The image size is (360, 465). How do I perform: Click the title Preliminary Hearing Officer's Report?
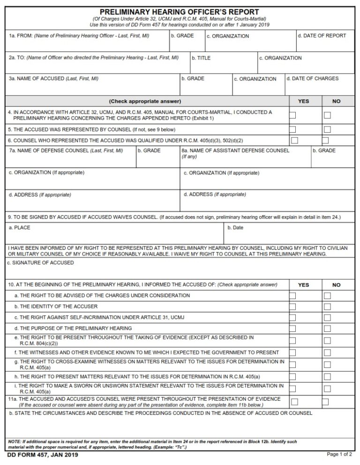coord(180,12)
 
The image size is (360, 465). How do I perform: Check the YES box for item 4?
coord(293,115)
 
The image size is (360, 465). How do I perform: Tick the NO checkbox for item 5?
coord(327,129)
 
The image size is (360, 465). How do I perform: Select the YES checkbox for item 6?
coord(294,140)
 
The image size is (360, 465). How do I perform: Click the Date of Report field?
coord(325,45)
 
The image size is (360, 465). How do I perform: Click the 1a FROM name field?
coord(87,45)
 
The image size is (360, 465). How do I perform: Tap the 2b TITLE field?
coord(223,66)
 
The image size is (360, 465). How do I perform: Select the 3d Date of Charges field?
coord(319,87)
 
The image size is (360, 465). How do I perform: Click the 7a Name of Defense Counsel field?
coord(70,160)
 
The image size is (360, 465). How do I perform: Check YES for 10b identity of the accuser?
coord(292,307)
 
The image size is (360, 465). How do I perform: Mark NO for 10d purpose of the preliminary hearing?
coord(327,329)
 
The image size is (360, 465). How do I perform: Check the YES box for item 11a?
coord(294,401)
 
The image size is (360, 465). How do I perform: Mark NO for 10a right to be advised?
coord(327,296)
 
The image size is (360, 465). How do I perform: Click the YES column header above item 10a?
coord(303,285)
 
